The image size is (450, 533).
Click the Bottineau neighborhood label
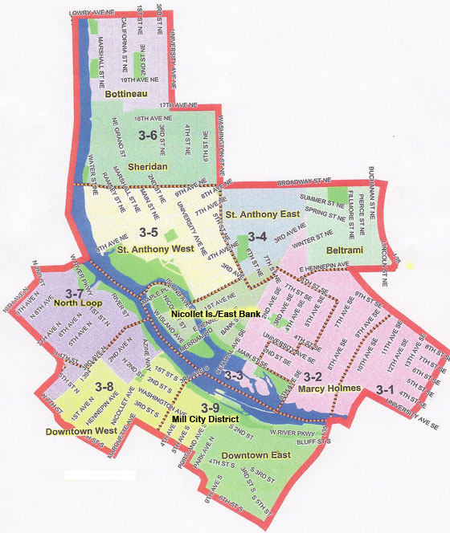click(127, 94)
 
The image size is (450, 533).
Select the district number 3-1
click(385, 389)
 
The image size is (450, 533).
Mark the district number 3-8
click(104, 389)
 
